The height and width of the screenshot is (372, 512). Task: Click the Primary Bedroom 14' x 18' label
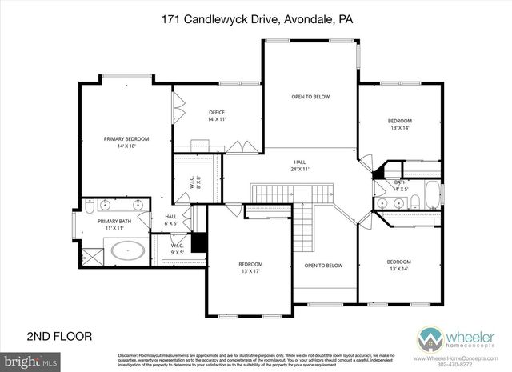126,142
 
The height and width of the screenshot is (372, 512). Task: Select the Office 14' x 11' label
217,115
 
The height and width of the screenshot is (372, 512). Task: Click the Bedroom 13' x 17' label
250,268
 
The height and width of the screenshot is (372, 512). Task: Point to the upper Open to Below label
310,97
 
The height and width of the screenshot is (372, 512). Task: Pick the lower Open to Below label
323,266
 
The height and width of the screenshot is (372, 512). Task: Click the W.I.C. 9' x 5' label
178,248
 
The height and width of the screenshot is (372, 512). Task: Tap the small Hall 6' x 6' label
171,220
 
